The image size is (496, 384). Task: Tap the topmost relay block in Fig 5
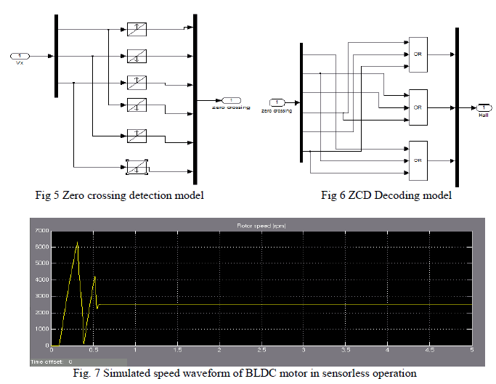(137, 30)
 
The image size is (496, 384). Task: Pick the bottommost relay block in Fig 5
(137, 169)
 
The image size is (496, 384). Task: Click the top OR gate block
(418, 54)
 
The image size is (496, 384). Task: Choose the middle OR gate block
(418, 106)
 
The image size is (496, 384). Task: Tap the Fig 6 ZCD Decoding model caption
(386, 195)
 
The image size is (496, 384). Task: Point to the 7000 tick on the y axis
(41, 231)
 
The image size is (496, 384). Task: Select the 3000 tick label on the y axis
(41, 296)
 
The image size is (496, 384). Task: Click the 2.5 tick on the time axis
(261, 350)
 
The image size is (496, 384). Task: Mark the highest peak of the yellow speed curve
(77, 243)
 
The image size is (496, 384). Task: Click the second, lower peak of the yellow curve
(94, 277)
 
